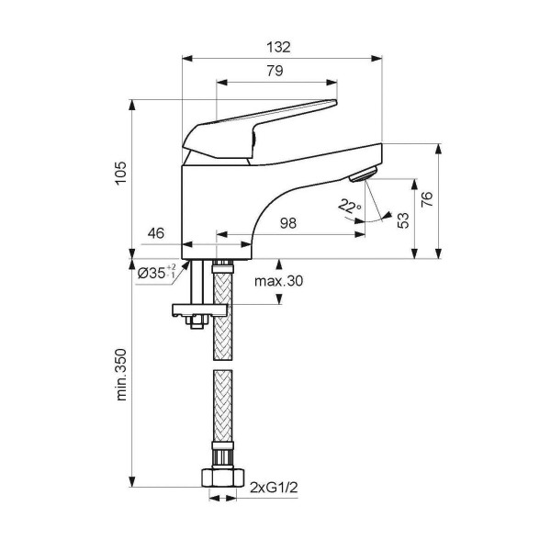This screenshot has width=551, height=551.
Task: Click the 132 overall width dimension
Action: tap(282, 48)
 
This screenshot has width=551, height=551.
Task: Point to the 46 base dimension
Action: tap(155, 234)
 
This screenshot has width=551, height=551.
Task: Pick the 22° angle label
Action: tap(349, 208)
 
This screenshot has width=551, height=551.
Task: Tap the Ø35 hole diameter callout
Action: tap(157, 273)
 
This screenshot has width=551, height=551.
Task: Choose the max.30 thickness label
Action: tap(278, 280)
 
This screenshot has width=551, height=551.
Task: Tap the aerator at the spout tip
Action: tap(363, 174)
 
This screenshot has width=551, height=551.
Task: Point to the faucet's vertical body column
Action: tap(216, 207)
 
